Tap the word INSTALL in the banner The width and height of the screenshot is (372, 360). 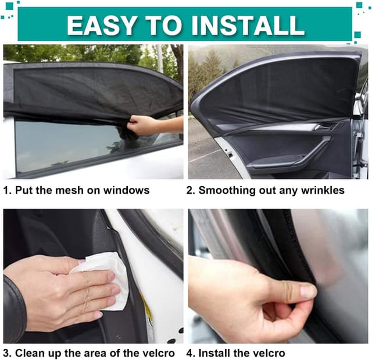[x=248, y=26]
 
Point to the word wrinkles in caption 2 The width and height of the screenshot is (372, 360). [x=323, y=190]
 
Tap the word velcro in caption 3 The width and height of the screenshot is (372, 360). [x=157, y=353]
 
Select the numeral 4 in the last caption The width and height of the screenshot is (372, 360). [x=189, y=354]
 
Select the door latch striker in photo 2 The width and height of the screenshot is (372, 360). [x=230, y=154]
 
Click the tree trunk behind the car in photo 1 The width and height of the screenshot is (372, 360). [x=177, y=59]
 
